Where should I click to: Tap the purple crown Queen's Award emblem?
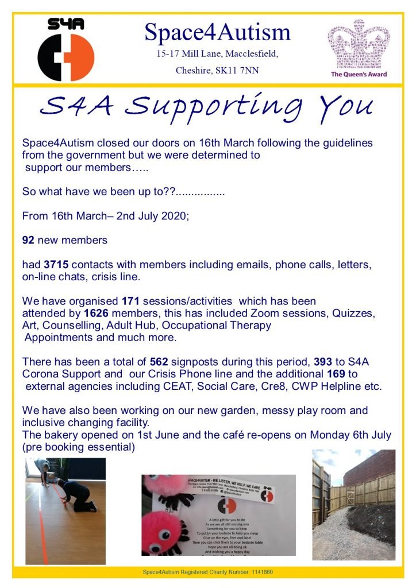coord(359,45)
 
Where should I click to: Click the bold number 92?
coord(28,241)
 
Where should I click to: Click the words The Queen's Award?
coord(359,74)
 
